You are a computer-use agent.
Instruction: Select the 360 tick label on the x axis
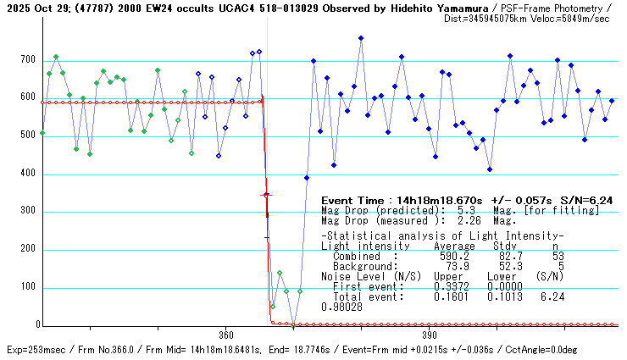pos(225,335)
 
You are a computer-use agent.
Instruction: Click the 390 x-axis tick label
pos(429,335)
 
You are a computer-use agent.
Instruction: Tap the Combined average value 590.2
pos(454,256)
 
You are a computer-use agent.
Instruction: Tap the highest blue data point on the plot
pos(361,38)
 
